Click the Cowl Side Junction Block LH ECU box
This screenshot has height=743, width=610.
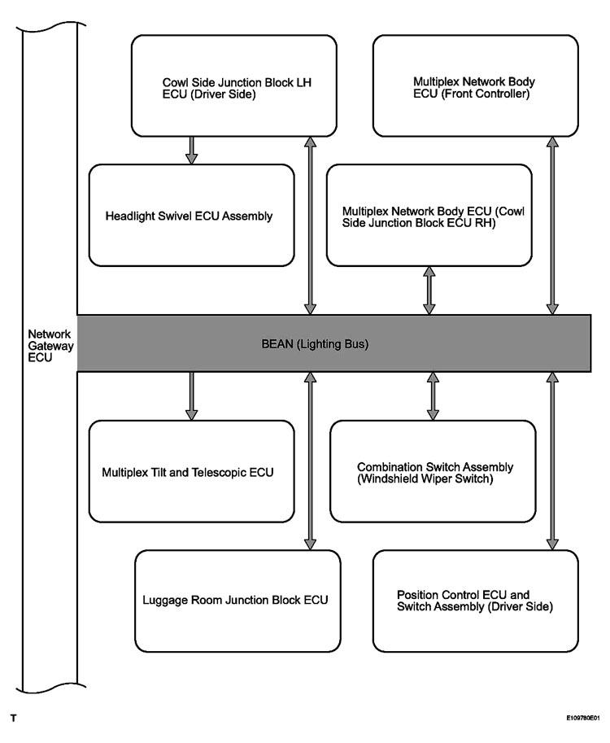[234, 85]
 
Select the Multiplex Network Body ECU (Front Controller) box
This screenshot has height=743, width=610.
[476, 85]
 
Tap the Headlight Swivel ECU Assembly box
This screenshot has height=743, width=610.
[191, 216]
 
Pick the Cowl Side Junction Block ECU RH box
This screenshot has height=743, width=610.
[429, 216]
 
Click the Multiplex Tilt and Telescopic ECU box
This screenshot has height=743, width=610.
[191, 471]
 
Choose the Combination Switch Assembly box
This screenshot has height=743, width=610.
[433, 471]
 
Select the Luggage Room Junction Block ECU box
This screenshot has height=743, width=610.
[237, 601]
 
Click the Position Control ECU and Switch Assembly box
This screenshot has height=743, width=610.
[476, 601]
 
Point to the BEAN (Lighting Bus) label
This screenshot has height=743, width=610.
[315, 343]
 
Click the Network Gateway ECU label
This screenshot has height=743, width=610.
[50, 346]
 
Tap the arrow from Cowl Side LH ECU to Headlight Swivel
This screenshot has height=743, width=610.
[191, 151]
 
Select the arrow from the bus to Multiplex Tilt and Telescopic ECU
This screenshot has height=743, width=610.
[191, 396]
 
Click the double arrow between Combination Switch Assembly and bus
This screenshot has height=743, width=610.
[433, 396]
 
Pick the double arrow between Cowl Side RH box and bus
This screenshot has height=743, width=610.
[429, 291]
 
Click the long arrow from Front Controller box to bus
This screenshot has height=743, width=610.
[552, 225]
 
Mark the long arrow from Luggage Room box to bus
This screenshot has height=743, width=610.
[310, 461]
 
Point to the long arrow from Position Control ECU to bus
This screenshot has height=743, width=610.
[552, 461]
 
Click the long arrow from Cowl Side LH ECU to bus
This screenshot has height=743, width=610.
[310, 225]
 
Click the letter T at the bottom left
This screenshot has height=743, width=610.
[13, 719]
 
